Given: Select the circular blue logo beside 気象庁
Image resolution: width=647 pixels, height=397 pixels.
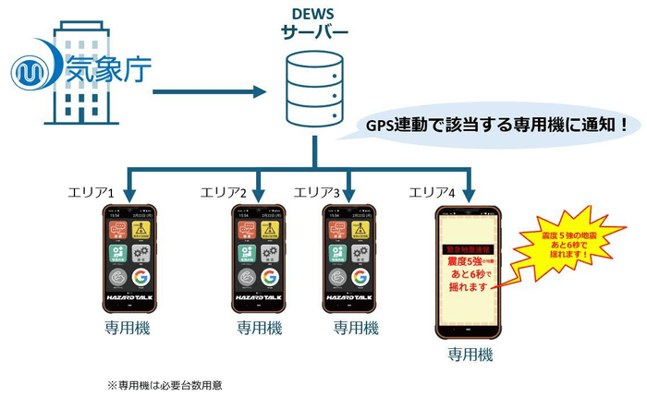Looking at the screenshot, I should (x=33, y=67).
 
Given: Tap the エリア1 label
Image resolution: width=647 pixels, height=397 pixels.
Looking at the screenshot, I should (x=91, y=193).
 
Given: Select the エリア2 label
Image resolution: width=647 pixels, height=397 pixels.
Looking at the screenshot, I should (x=224, y=193).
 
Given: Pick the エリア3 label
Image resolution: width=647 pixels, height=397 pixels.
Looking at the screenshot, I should (x=316, y=193).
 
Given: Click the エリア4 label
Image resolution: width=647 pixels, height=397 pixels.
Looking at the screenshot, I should (x=433, y=193).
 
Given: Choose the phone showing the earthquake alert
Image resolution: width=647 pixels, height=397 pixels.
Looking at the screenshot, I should (x=470, y=271).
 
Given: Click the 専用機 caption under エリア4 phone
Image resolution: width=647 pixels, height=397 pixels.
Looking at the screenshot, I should (x=470, y=355).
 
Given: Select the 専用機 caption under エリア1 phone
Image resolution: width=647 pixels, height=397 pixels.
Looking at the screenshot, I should (x=128, y=328).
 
